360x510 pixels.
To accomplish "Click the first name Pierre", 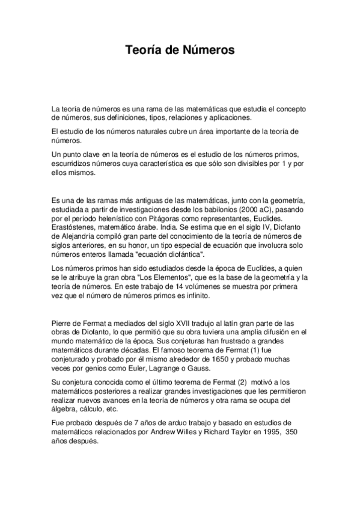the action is tap(63, 322).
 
